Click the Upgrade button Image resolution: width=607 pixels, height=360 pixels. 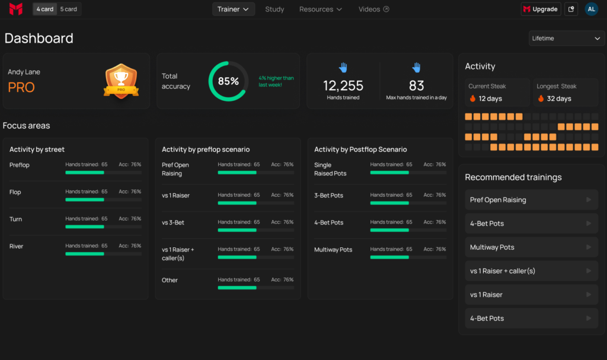(x=541, y=9)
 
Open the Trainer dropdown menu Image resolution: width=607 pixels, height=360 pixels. (x=233, y=9)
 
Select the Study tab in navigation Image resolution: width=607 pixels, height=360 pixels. (x=274, y=9)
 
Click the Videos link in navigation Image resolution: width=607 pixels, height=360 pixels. (x=373, y=9)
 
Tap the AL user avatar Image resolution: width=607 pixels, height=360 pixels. (x=591, y=9)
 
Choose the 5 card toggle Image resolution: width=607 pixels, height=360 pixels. (x=69, y=9)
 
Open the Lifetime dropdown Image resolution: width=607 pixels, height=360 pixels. (x=567, y=38)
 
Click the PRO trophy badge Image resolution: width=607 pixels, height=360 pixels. (x=121, y=81)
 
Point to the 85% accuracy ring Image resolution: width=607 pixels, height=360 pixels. (x=228, y=81)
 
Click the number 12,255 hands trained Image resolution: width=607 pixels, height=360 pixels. (x=343, y=85)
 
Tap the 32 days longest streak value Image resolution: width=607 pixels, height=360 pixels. (x=558, y=98)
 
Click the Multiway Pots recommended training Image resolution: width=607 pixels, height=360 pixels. (x=531, y=247)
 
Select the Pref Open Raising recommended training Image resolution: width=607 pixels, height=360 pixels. (x=531, y=200)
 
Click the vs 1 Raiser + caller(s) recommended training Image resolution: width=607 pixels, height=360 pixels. (x=531, y=270)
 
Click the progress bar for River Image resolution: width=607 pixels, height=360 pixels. (x=103, y=254)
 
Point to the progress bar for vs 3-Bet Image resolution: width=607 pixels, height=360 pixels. (x=255, y=230)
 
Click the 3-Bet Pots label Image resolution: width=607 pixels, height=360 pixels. (x=328, y=195)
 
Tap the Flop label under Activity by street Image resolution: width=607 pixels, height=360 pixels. (x=15, y=192)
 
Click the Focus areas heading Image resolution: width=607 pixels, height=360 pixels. (x=26, y=126)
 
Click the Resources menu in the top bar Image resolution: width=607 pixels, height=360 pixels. (x=320, y=9)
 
